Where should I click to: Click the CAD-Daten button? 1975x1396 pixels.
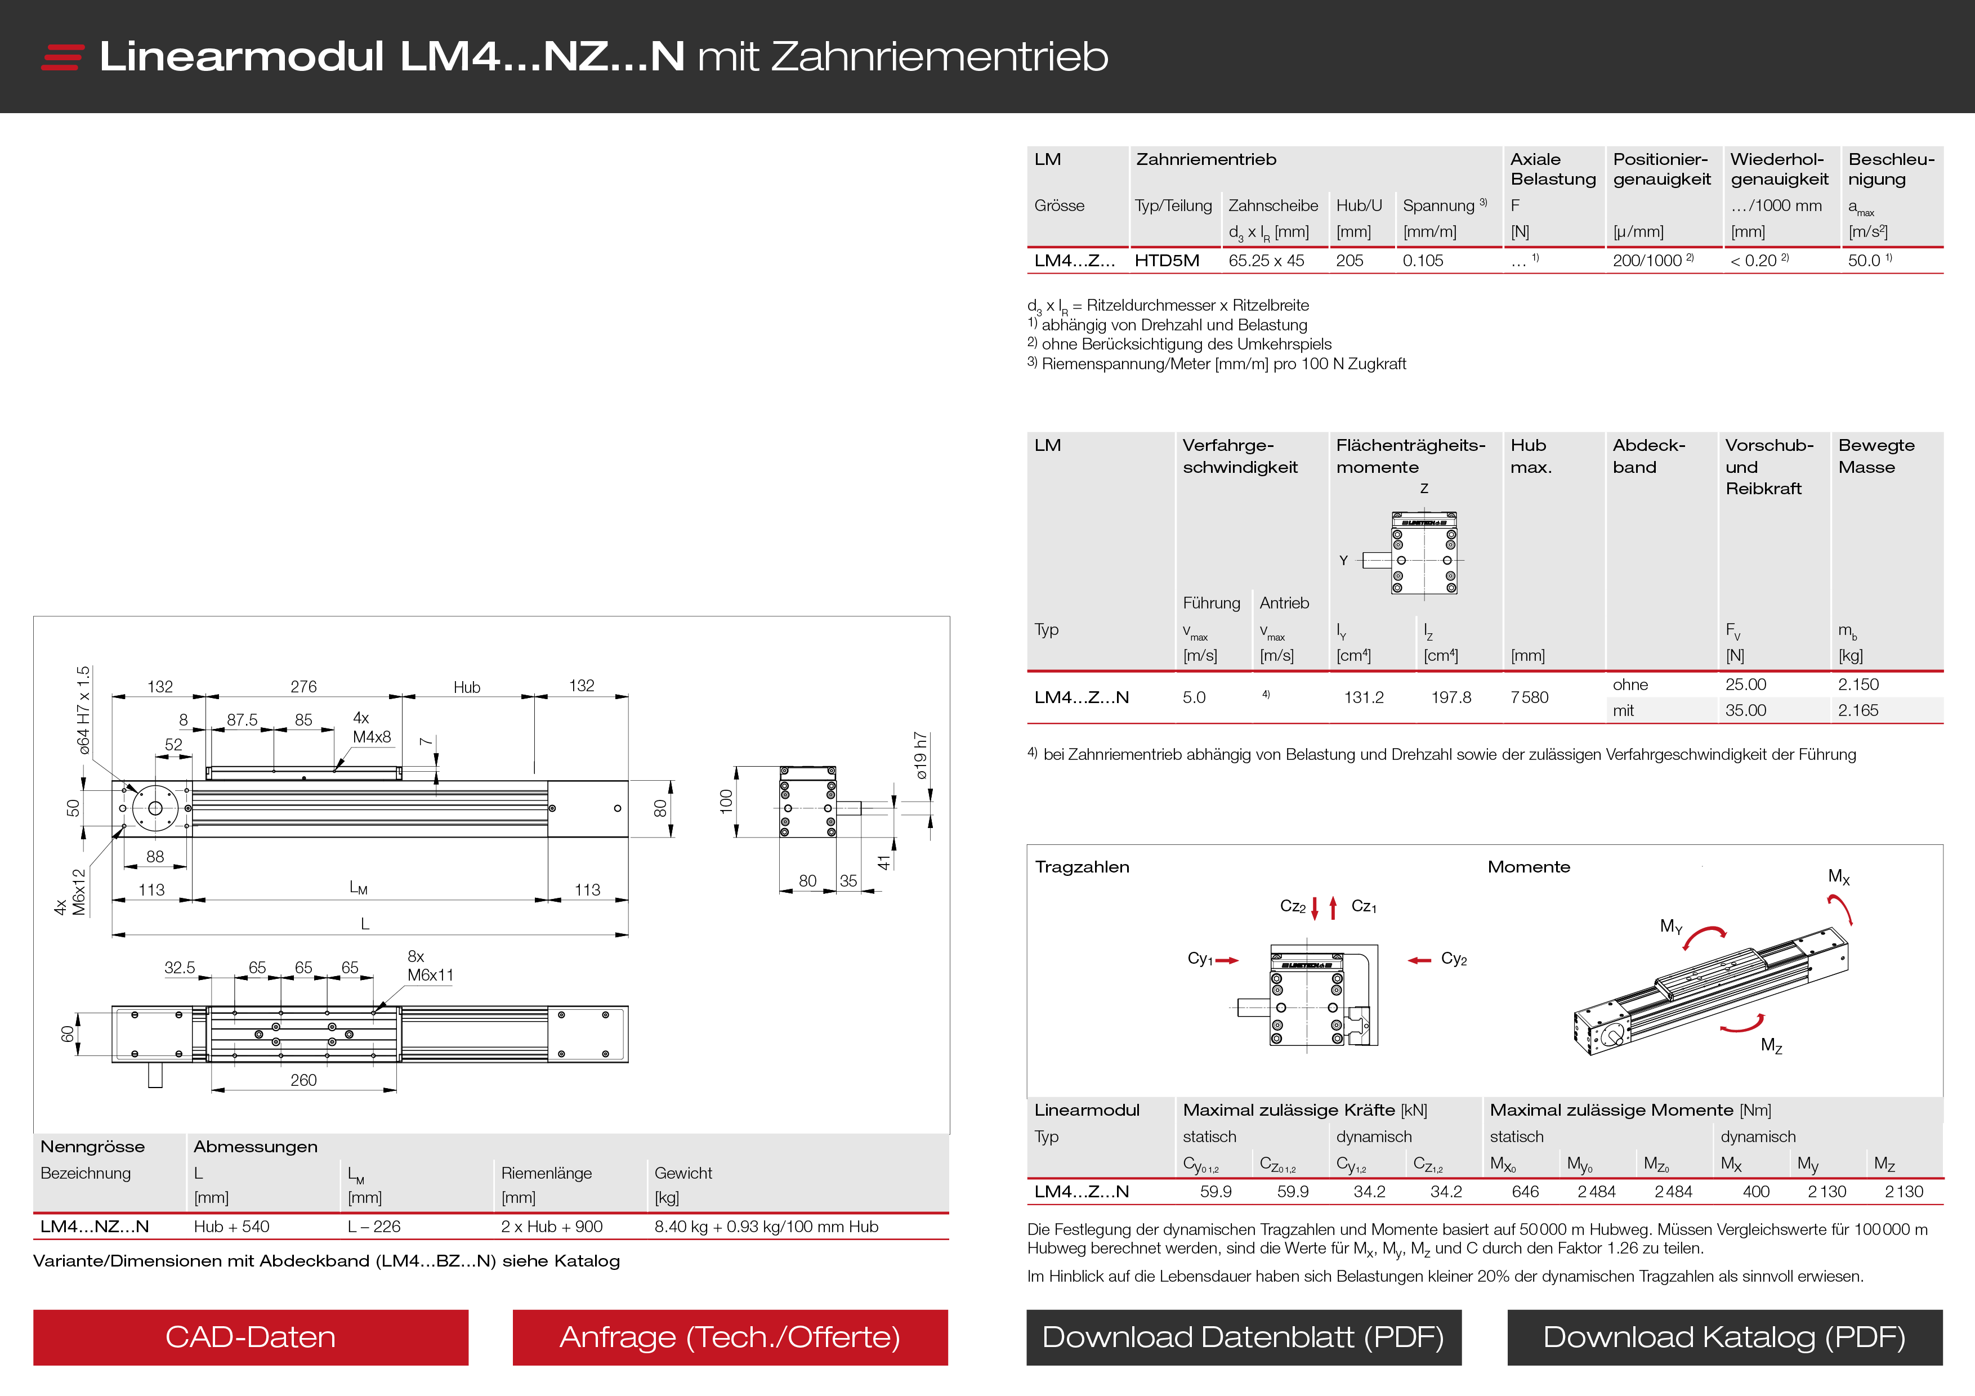pos(251,1337)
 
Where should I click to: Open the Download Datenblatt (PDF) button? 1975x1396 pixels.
pos(1243,1337)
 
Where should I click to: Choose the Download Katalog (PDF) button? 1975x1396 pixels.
pos(1724,1337)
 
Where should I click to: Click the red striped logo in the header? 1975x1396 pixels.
pos(62,57)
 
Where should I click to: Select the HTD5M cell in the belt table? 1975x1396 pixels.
pos(1167,261)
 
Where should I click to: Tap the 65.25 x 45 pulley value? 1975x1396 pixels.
pos(1266,261)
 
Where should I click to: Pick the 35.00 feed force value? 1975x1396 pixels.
pos(1745,710)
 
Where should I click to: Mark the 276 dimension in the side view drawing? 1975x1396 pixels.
pos(303,686)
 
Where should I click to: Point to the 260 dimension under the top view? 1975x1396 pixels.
pos(303,1080)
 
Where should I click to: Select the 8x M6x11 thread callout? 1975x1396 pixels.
pos(429,966)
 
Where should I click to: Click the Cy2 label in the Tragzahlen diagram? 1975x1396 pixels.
pos(1454,959)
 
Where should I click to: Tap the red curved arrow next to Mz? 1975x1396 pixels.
pos(1742,1023)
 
